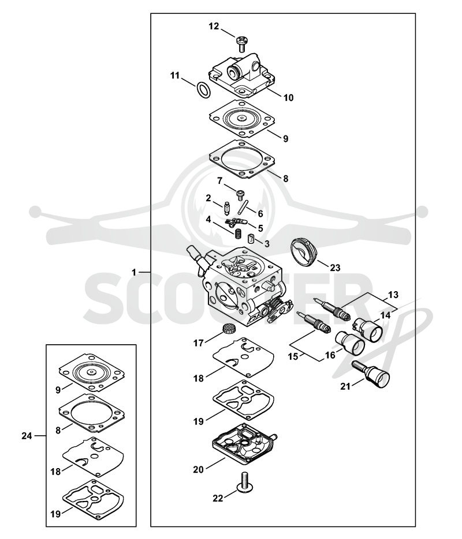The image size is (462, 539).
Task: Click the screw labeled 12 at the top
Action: click(241, 44)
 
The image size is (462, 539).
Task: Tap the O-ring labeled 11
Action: click(204, 90)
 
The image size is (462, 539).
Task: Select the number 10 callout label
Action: click(289, 97)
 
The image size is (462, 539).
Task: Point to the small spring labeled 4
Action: click(237, 235)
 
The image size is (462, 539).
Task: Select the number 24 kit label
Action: click(27, 436)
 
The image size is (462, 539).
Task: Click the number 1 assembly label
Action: click(134, 272)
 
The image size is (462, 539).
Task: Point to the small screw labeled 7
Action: click(240, 195)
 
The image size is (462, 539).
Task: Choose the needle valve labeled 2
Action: click(226, 208)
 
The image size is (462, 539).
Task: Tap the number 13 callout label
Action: click(393, 295)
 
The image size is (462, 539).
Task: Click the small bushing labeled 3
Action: click(251, 238)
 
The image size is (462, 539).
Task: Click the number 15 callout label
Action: click(293, 356)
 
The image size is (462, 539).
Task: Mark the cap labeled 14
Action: click(368, 330)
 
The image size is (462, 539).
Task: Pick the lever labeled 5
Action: click(237, 222)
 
